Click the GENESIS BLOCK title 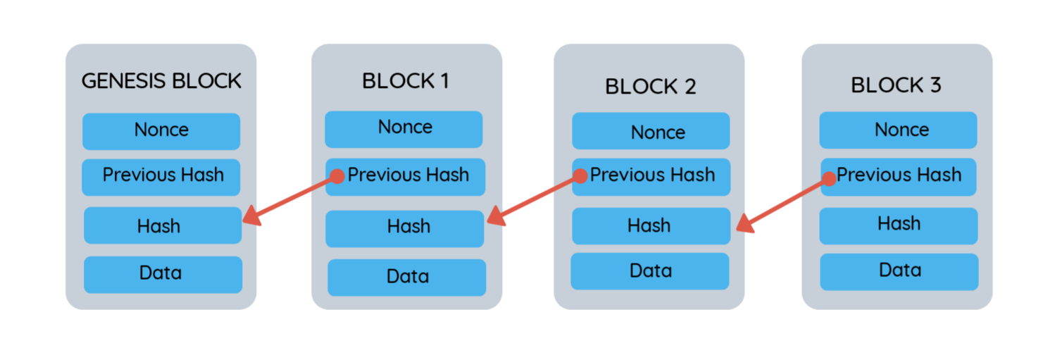(161, 81)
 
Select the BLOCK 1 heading (406, 81)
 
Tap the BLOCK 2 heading (650, 87)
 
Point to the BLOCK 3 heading (896, 85)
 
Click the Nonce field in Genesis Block (161, 131)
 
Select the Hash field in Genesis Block (161, 226)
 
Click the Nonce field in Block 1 (404, 128)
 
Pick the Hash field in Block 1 (406, 228)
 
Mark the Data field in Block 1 (407, 277)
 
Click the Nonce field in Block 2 (651, 132)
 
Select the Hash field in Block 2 (650, 226)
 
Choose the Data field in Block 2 (649, 271)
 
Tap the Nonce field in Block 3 (899, 130)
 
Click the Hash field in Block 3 (899, 225)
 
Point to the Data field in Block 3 (899, 271)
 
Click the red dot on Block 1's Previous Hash (337, 176)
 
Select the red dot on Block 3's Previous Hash (828, 178)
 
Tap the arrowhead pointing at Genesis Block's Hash (251, 217)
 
